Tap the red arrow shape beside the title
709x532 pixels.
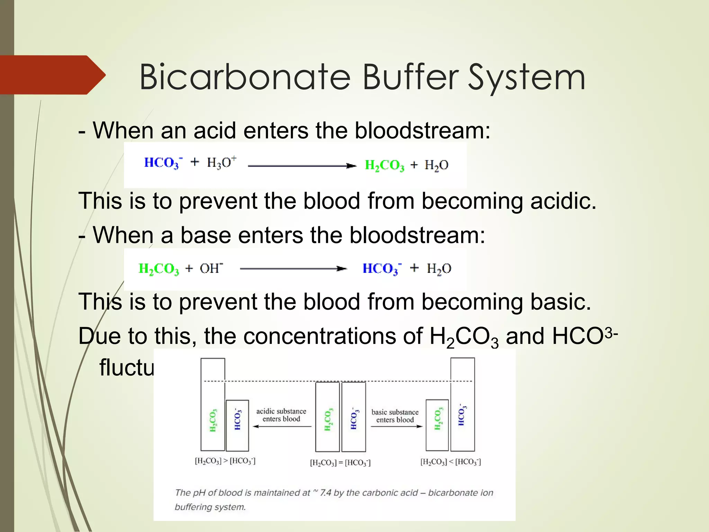coord(52,75)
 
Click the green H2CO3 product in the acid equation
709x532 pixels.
coord(384,165)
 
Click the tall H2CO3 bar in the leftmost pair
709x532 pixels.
coord(213,404)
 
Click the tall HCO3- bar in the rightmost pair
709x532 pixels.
coord(463,404)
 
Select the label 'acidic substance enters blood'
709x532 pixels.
coord(281,415)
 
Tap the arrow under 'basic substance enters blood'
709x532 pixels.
coord(396,426)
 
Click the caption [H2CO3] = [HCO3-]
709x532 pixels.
coord(340,463)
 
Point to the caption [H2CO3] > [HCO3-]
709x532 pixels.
coord(225,461)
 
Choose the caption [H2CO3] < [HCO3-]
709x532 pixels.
coord(450,462)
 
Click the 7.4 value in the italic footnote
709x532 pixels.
coord(325,493)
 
